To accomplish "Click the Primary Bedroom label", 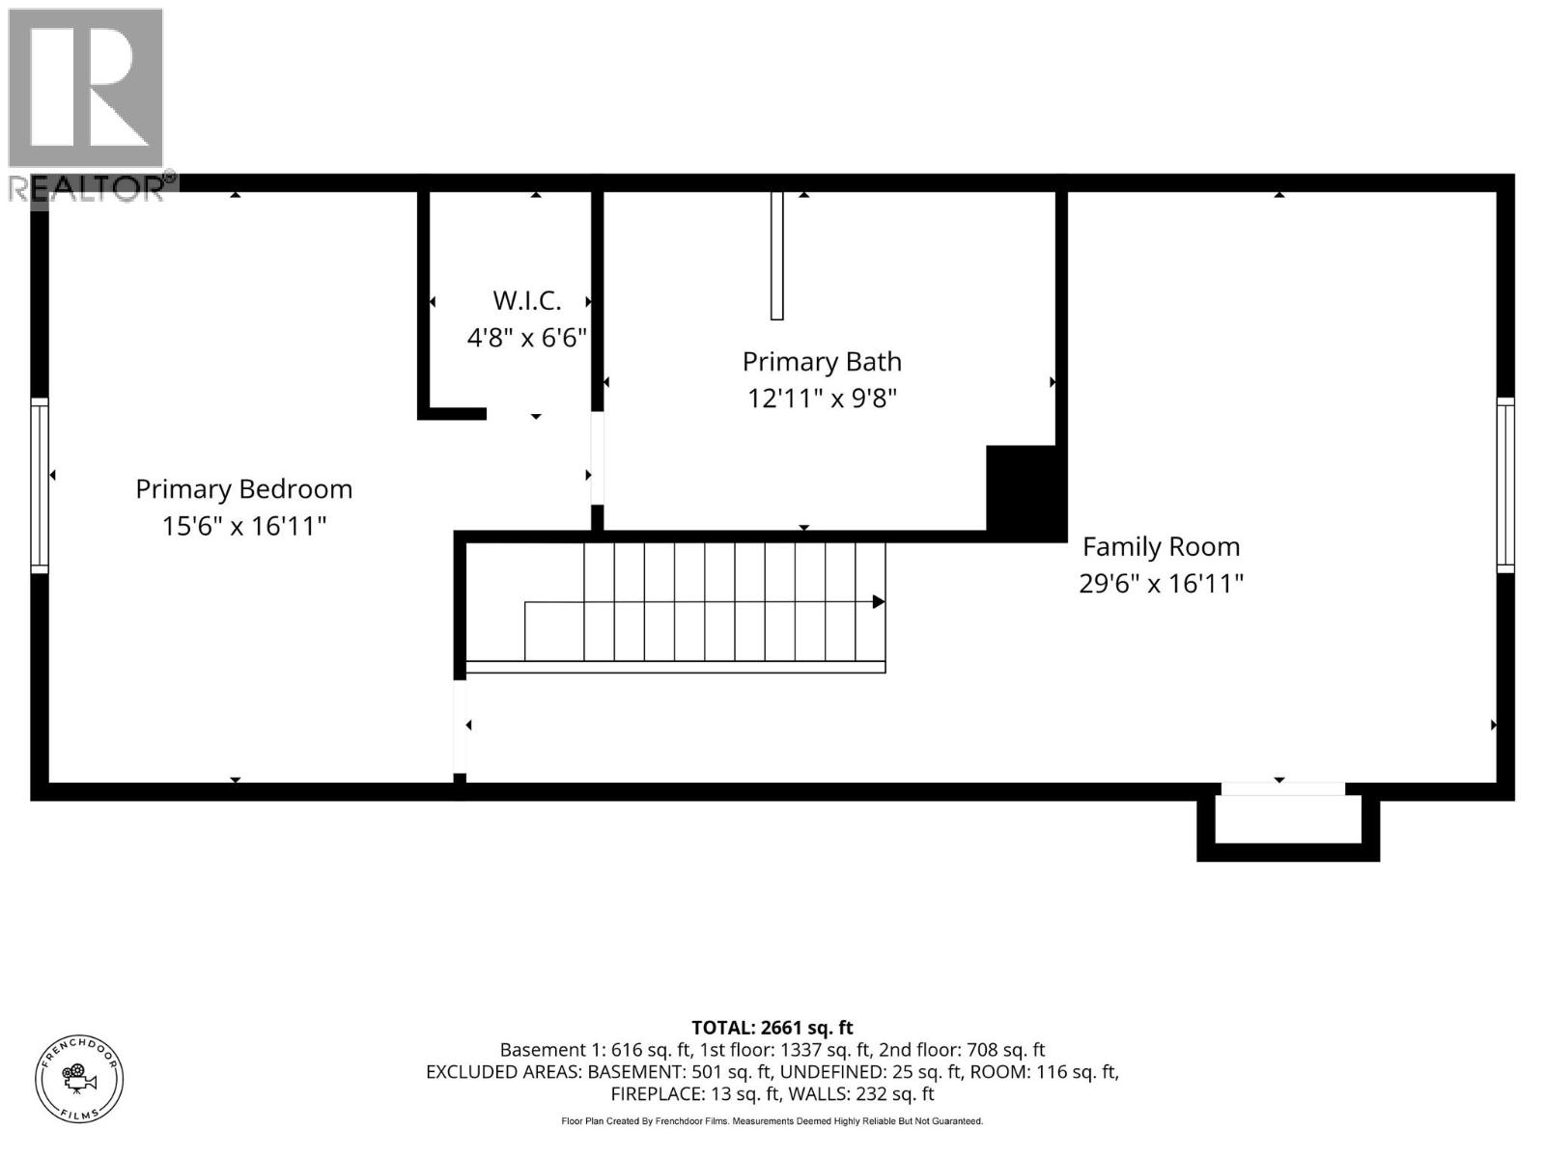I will pyautogui.click(x=243, y=489).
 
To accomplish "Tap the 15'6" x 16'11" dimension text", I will pyautogui.click(x=243, y=526).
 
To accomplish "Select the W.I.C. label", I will pyautogui.click(x=526, y=300).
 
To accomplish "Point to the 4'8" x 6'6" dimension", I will pyautogui.click(x=526, y=338).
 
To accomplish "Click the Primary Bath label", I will pyautogui.click(x=822, y=362).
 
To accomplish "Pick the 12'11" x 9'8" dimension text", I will pyautogui.click(x=822, y=399).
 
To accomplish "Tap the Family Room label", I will pyautogui.click(x=1161, y=547).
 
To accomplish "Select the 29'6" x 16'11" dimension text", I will pyautogui.click(x=1161, y=584).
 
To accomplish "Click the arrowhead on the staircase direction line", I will pyautogui.click(x=878, y=601).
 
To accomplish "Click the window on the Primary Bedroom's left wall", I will pyautogui.click(x=39, y=485).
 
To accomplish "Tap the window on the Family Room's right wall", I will pyautogui.click(x=1505, y=485).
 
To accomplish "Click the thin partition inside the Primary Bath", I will pyautogui.click(x=776, y=256).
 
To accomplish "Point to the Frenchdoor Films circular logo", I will pyautogui.click(x=79, y=1078).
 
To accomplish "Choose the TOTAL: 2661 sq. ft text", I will pyautogui.click(x=772, y=1028).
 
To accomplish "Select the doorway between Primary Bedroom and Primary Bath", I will pyautogui.click(x=597, y=458).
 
